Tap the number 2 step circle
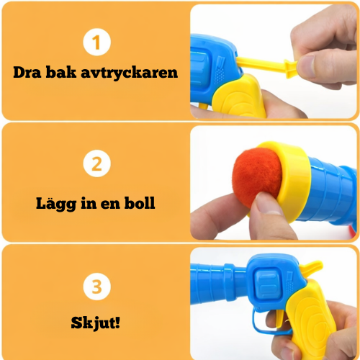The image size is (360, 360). coord(96,165)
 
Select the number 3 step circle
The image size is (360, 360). coord(96,287)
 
